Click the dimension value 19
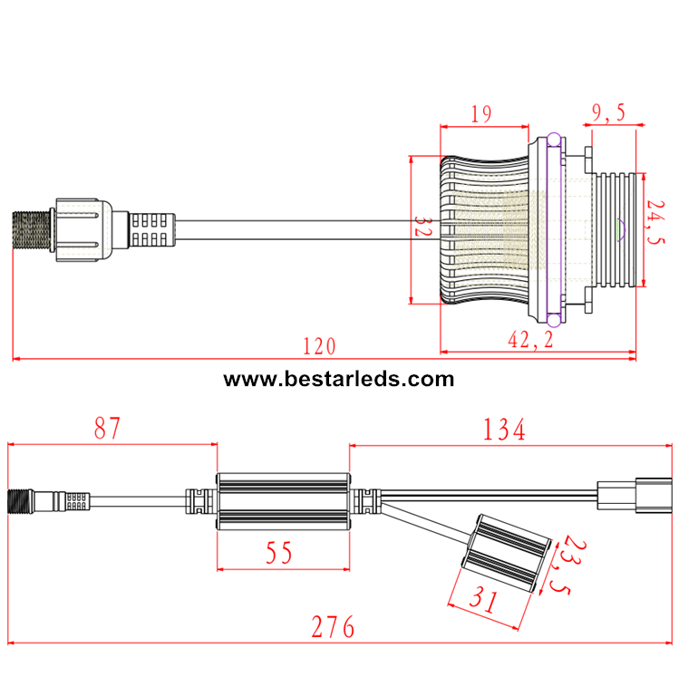pyautogui.click(x=481, y=113)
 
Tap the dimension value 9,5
pyautogui.click(x=609, y=113)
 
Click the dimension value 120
pyautogui.click(x=318, y=346)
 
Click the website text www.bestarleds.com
pyautogui.click(x=339, y=379)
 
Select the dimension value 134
pyautogui.click(x=504, y=430)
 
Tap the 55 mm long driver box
pyautogui.click(x=283, y=500)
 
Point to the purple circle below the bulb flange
pyautogui.click(x=552, y=320)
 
